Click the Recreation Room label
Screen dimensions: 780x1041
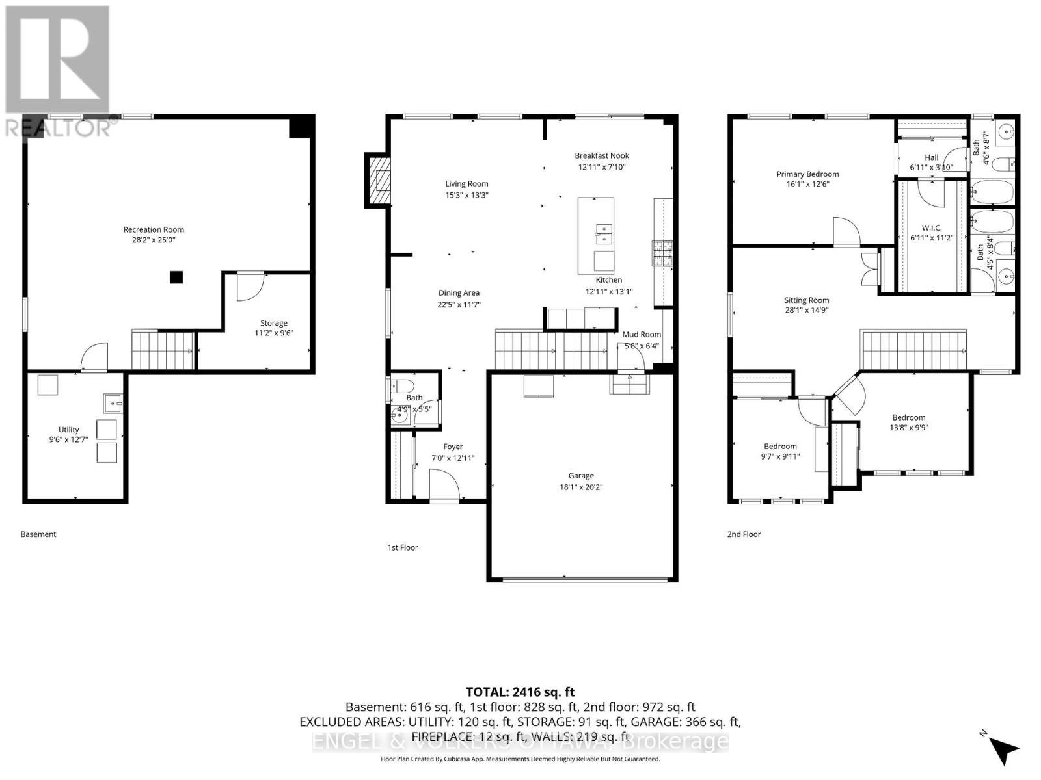(154, 229)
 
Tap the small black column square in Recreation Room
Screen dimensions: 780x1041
(176, 278)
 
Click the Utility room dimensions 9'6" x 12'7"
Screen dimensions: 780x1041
(68, 440)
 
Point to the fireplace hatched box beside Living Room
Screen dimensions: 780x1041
(378, 180)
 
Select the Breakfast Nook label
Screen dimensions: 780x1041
(602, 155)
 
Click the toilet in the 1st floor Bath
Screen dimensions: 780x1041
(400, 384)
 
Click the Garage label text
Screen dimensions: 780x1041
(581, 476)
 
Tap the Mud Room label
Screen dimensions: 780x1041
(642, 335)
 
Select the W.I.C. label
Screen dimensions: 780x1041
(932, 227)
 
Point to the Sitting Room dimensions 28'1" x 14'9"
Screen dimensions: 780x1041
(806, 311)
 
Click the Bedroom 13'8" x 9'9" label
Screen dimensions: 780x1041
(908, 417)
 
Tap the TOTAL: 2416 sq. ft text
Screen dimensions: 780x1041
(520, 692)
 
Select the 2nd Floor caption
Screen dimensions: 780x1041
(744, 534)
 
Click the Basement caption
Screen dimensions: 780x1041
(38, 534)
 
